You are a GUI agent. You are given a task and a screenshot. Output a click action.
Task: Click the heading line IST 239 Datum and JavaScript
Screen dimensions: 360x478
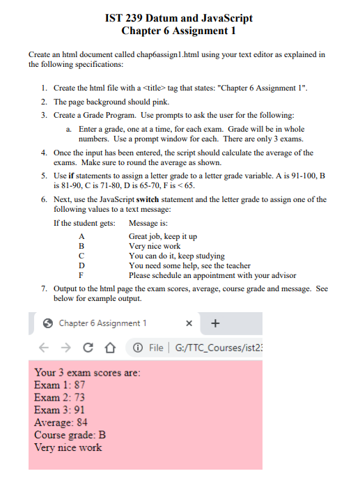tap(179, 17)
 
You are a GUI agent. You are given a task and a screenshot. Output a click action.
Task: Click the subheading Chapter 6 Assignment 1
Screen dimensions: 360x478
tap(179, 30)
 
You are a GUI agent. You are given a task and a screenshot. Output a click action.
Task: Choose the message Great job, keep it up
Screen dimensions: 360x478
tap(163, 237)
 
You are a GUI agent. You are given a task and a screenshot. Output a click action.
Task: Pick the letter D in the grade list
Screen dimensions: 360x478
tap(81, 265)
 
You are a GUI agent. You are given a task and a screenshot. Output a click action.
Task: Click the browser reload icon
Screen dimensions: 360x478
tap(87, 348)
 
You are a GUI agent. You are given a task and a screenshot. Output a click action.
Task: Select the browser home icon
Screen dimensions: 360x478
tap(109, 348)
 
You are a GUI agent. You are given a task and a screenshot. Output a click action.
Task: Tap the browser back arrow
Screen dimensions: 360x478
tap(42, 348)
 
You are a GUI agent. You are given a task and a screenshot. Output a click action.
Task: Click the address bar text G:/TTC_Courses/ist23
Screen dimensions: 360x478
tap(224, 348)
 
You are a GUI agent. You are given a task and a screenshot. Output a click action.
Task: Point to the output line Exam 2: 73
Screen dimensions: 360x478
tap(60, 398)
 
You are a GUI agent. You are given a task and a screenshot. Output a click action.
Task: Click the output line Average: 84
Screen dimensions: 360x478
tap(61, 423)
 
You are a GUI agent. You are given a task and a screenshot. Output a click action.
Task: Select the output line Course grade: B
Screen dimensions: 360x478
tap(70, 435)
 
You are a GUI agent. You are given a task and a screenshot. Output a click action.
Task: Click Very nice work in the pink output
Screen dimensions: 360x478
tap(68, 448)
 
